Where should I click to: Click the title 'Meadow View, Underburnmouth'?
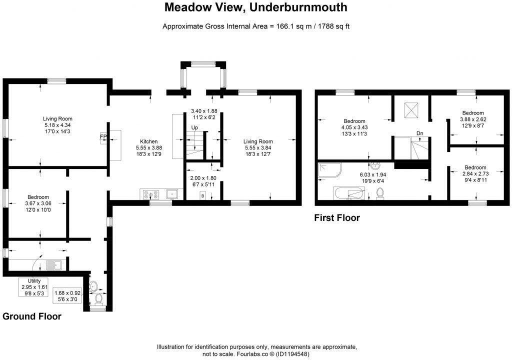(256, 7)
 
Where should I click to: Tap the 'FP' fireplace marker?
(103, 135)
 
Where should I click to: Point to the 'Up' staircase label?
(194, 128)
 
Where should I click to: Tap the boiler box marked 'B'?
(202, 195)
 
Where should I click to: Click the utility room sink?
(53, 264)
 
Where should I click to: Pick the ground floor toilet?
(98, 298)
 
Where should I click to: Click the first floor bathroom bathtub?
(348, 192)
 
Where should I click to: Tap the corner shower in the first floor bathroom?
(328, 171)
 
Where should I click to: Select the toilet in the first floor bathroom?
(380, 192)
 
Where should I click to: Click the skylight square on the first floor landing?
(411, 109)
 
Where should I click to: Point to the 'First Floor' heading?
(336, 217)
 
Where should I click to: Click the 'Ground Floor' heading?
(32, 316)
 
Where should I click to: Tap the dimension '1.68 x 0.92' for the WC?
(70, 293)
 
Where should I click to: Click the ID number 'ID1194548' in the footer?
(289, 353)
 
